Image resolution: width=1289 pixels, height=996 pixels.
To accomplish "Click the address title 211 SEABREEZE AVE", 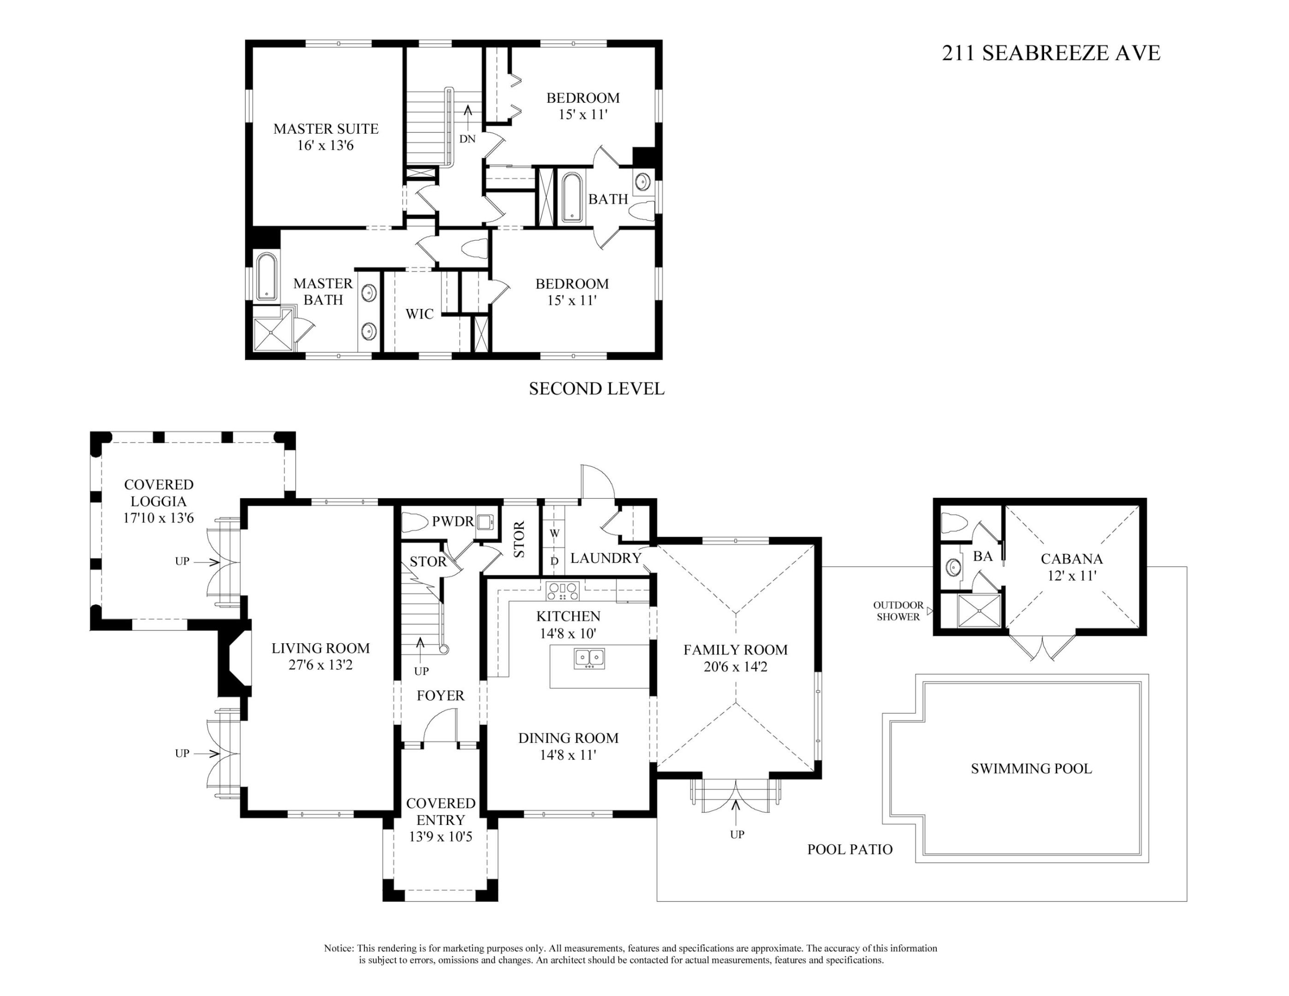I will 1051,53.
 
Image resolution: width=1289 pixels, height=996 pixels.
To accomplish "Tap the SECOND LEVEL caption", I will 596,389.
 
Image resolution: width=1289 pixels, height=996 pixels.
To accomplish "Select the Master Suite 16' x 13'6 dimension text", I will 325,146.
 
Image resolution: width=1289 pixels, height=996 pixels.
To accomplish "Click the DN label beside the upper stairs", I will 468,139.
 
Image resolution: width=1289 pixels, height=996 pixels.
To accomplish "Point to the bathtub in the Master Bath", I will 266,277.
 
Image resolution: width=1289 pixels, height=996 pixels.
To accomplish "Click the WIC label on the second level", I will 419,314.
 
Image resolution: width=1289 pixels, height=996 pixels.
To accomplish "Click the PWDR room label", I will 453,522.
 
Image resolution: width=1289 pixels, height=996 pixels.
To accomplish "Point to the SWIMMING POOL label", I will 1031,768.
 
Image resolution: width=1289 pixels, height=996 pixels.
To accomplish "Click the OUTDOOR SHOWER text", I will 898,611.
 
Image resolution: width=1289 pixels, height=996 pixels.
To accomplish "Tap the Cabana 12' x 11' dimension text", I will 1071,575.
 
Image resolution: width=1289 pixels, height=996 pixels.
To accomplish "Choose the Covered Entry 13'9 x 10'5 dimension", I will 440,837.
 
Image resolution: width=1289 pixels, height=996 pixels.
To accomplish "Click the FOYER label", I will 440,696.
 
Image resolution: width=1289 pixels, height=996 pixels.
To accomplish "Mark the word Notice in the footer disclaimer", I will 338,948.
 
